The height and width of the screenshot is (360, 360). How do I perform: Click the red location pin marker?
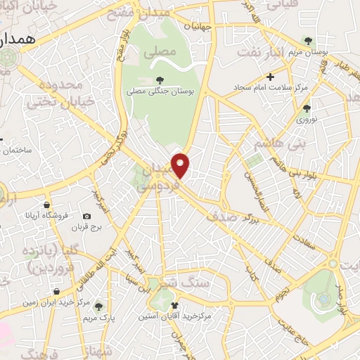181,165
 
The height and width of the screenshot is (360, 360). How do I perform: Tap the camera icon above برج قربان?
86,217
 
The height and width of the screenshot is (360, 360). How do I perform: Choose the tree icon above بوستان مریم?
307,40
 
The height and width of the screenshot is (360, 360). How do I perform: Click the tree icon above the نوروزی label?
306,108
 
